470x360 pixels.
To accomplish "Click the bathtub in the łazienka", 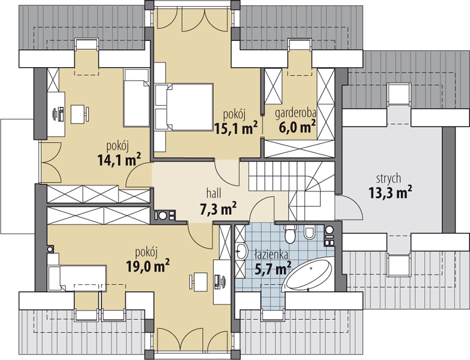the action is [309, 274].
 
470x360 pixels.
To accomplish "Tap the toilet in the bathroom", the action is [290, 233].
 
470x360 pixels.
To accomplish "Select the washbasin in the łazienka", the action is [241, 251].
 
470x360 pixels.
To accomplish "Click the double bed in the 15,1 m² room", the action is [184, 107].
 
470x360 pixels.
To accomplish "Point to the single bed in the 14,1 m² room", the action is [136, 98].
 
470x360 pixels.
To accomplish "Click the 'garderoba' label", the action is [295, 113].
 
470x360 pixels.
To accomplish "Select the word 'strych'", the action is [388, 179].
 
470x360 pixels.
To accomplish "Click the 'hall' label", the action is [214, 193].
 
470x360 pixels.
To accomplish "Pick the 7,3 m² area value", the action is [218, 208].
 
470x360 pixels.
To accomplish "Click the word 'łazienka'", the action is [271, 254].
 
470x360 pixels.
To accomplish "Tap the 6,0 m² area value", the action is [297, 127].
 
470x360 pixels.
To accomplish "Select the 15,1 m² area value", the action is [236, 128].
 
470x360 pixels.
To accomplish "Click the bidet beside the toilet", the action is [309, 233].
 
